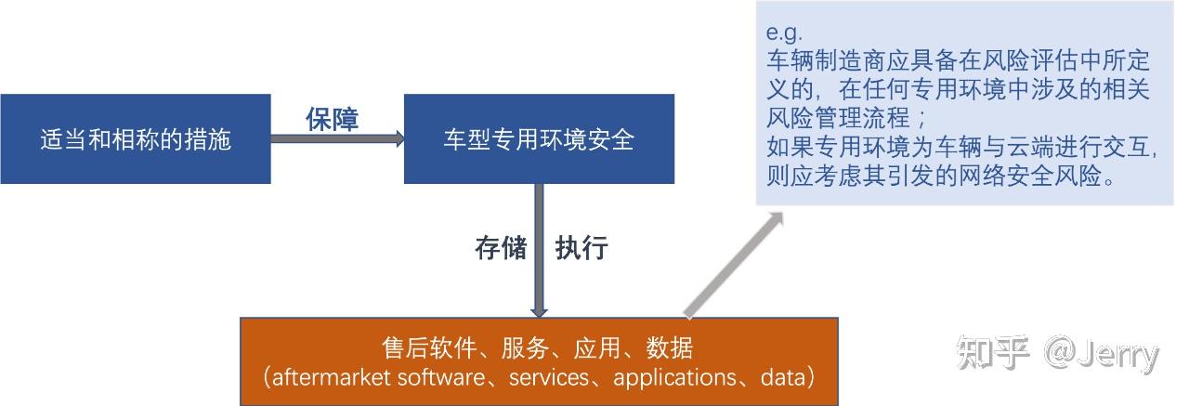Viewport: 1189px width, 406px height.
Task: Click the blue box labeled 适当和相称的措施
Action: pyautogui.click(x=135, y=139)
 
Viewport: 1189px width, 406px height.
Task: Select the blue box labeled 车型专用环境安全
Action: pyautogui.click(x=539, y=139)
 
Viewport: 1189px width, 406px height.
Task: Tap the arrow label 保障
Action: pyautogui.click(x=333, y=119)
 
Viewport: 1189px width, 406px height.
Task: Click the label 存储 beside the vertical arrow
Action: pyautogui.click(x=501, y=248)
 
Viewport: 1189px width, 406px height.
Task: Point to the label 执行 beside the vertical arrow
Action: pyautogui.click(x=581, y=248)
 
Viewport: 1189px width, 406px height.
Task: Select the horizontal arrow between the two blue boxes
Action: pyautogui.click(x=337, y=139)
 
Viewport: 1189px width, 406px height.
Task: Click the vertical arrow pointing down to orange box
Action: pyautogui.click(x=539, y=251)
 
